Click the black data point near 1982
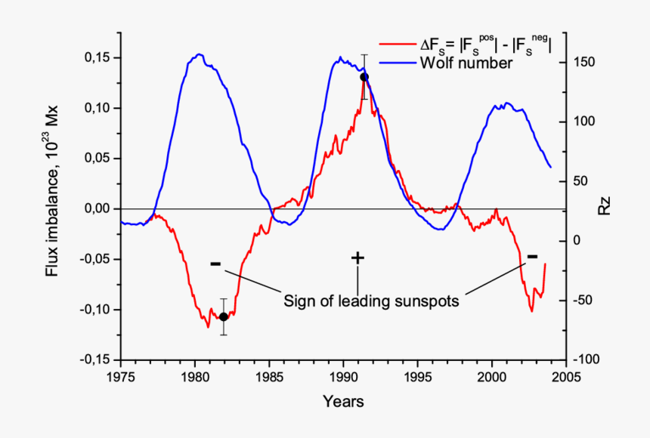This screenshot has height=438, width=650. [x=223, y=316]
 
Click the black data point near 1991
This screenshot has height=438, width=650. [x=364, y=77]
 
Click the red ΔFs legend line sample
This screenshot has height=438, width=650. [x=398, y=46]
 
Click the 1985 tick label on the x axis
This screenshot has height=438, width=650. [x=269, y=375]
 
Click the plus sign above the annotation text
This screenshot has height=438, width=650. [x=357, y=258]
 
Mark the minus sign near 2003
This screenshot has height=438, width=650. [x=532, y=257]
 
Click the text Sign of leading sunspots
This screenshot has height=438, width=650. [x=371, y=301]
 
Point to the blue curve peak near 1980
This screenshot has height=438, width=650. [x=199, y=54]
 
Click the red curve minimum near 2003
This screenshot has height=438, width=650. [x=531, y=310]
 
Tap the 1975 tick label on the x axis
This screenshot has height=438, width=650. [x=121, y=375]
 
